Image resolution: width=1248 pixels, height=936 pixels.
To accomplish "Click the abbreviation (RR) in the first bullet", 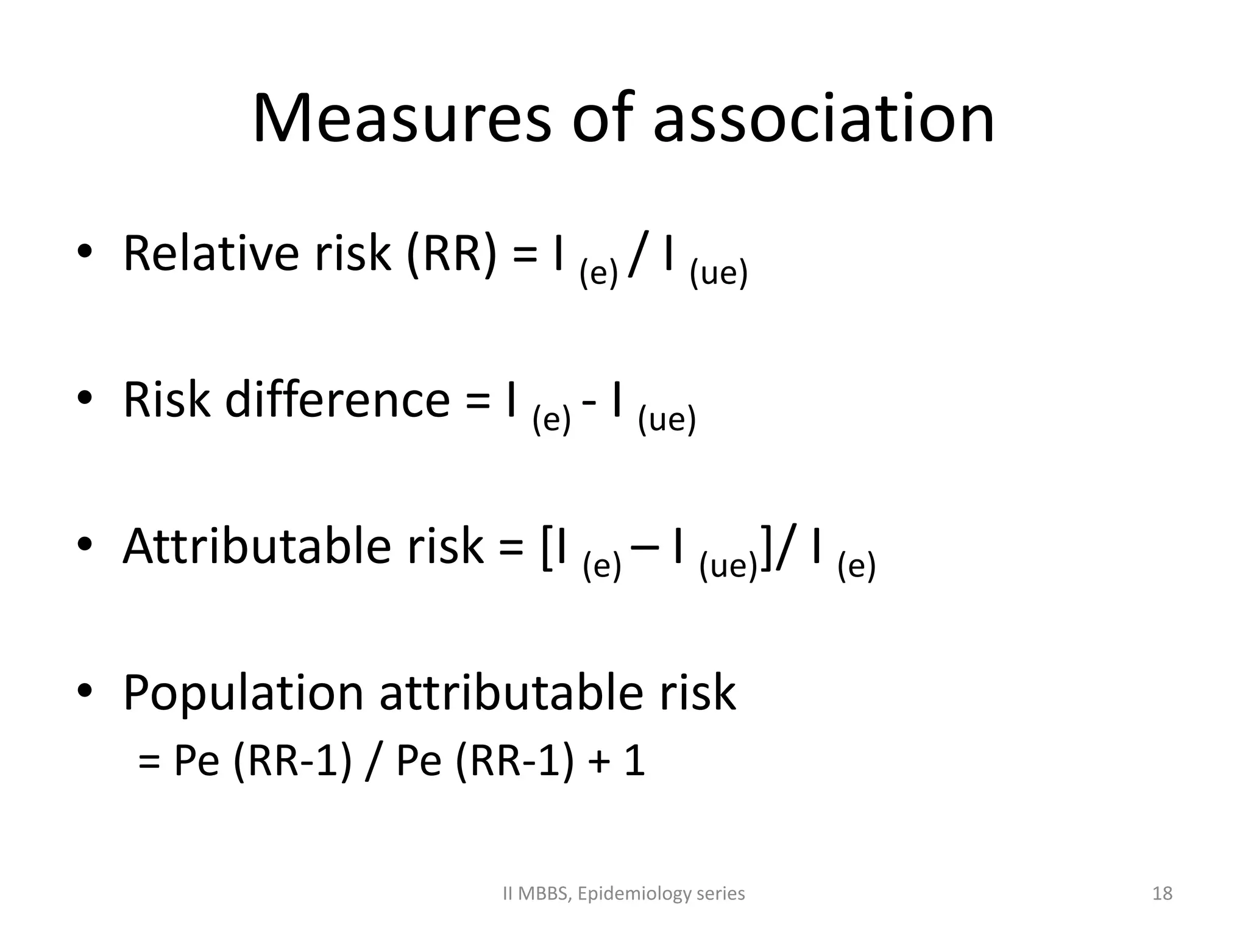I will click(x=452, y=254).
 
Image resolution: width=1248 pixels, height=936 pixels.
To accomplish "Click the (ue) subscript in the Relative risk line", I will click(x=718, y=274).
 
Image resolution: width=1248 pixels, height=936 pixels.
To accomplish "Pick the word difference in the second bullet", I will click(x=337, y=400).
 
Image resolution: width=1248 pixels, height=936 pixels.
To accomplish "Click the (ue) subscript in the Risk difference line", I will click(x=667, y=420).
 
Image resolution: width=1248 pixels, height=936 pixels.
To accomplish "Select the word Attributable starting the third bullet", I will click(x=256, y=546).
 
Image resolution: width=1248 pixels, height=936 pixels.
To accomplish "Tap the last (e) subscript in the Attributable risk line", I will click(x=856, y=566).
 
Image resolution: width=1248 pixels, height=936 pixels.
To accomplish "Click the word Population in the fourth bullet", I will click(x=243, y=693).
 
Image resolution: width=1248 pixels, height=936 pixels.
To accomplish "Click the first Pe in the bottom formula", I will click(x=196, y=761).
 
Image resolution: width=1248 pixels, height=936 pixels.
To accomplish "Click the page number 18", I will click(x=1162, y=893).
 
